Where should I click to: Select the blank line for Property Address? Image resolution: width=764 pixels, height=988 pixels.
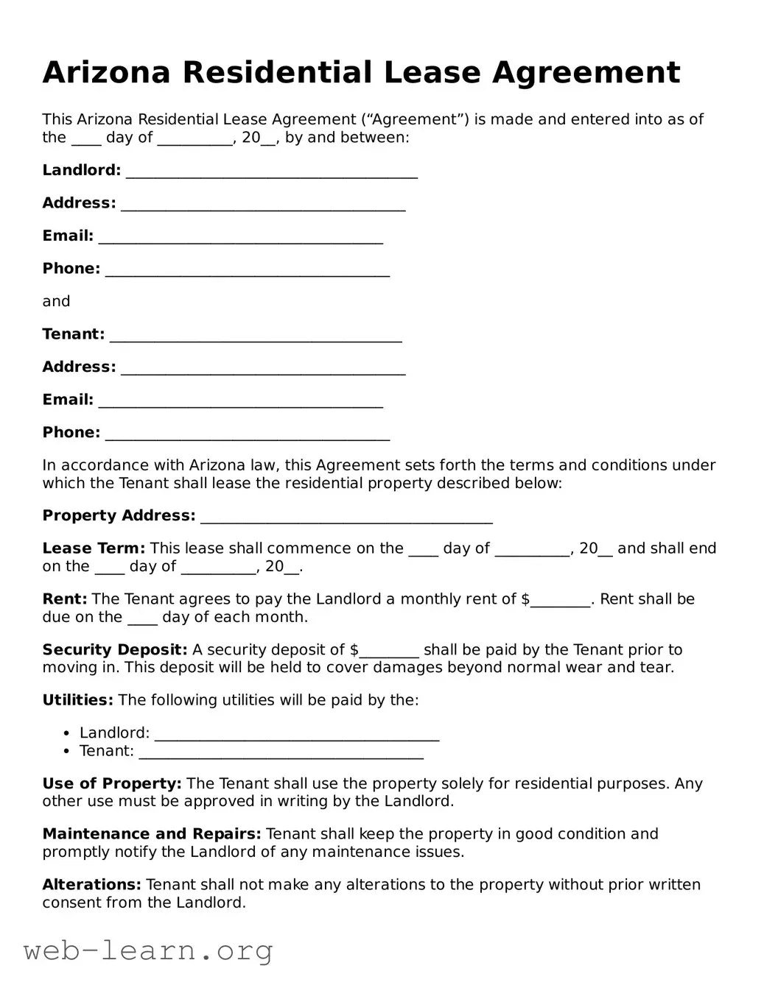tap(346, 517)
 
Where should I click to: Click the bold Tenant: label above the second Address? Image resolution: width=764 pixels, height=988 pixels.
tap(74, 334)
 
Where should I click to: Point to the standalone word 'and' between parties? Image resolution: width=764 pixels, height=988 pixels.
tap(56, 301)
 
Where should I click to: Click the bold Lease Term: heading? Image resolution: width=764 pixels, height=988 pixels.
tap(94, 548)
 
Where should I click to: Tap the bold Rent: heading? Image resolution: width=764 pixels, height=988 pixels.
tap(65, 599)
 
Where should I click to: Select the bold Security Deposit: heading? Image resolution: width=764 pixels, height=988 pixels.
tap(115, 650)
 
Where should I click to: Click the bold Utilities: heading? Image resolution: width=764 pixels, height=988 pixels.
tap(77, 700)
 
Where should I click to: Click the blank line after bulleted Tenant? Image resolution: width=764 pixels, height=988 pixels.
tap(281, 752)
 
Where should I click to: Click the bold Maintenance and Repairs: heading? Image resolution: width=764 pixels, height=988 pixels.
tap(152, 834)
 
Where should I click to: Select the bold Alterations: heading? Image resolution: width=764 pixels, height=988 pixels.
tap(91, 885)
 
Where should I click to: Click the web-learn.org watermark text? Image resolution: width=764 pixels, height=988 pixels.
tap(147, 951)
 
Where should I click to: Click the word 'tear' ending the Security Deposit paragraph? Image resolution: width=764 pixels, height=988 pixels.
tap(658, 668)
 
